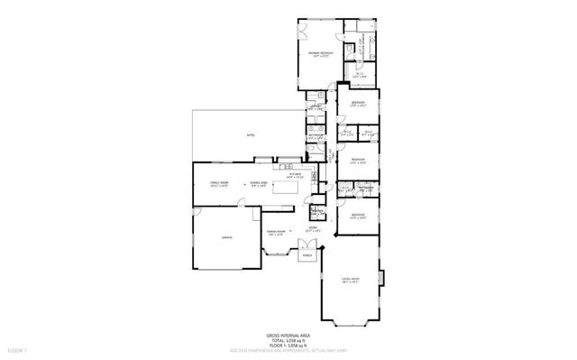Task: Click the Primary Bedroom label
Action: tap(321, 54)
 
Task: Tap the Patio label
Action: tap(250, 135)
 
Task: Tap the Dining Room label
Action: tap(276, 232)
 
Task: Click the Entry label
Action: tap(314, 229)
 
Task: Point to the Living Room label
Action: tap(346, 281)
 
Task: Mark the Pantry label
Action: tap(316, 211)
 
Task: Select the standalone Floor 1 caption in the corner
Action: tap(18, 348)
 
